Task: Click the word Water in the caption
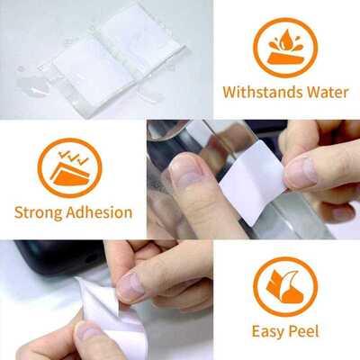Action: [x=326, y=92]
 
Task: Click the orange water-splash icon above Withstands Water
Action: [x=285, y=47]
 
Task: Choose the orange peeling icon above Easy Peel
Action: [x=285, y=286]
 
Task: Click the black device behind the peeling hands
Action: [x=54, y=257]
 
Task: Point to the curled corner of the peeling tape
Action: [x=90, y=292]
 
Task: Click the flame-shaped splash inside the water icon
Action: [x=285, y=40]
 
